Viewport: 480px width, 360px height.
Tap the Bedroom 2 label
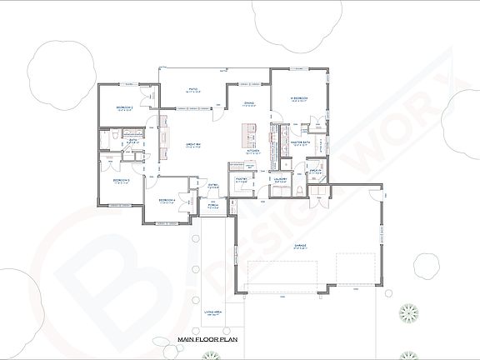pyautogui.click(x=125, y=107)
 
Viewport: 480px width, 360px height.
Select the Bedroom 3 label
pyautogui.click(x=121, y=179)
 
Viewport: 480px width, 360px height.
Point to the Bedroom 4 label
pyautogui.click(x=167, y=200)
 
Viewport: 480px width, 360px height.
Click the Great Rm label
pyautogui.click(x=194, y=144)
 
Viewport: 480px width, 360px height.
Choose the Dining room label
pyautogui.click(x=248, y=103)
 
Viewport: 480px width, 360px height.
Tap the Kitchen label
pyautogui.click(x=253, y=151)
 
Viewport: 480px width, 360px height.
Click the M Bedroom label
pyautogui.click(x=299, y=99)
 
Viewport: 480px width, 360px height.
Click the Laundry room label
pyautogui.click(x=280, y=178)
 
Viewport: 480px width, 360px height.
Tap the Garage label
pyautogui.click(x=299, y=246)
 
